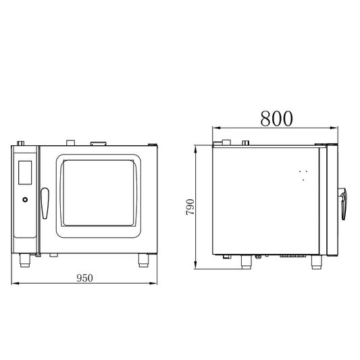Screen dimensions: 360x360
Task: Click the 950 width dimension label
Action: point(84,278)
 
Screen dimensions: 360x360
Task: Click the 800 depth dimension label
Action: point(276,118)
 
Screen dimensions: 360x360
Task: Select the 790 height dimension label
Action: point(190,207)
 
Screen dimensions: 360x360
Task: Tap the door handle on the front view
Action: point(45,203)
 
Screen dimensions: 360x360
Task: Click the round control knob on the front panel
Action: point(25,199)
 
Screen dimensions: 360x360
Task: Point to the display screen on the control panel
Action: point(25,172)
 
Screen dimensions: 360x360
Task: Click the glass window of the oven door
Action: point(98,193)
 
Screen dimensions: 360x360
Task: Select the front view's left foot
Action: point(25,260)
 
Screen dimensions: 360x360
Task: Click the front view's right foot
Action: point(143,260)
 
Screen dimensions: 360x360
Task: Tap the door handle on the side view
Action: point(343,204)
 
